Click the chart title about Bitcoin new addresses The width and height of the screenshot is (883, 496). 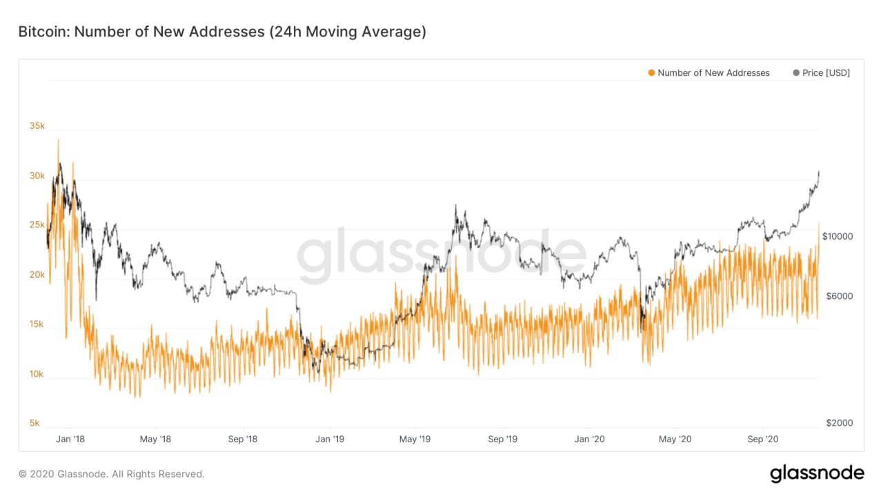tap(221, 32)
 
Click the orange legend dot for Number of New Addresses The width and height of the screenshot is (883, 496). tap(651, 73)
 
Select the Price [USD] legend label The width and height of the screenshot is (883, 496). tap(826, 73)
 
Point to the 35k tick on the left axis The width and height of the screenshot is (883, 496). tap(37, 126)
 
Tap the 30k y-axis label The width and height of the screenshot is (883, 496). tap(37, 176)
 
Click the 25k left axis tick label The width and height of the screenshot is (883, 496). tap(37, 225)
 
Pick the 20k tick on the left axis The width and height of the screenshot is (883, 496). tap(37, 275)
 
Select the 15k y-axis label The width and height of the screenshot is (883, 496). tap(37, 324)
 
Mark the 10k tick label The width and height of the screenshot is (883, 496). tap(37, 374)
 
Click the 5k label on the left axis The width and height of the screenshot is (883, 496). tap(34, 423)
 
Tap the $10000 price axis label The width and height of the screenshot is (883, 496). tap(837, 236)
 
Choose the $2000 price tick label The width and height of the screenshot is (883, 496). tap(839, 423)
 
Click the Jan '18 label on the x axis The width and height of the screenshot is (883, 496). tap(70, 439)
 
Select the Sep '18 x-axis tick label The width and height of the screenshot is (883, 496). tap(242, 439)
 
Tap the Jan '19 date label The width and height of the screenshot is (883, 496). tap(330, 439)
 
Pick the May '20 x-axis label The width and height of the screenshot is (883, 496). tap(676, 439)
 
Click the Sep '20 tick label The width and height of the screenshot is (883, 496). tap(763, 439)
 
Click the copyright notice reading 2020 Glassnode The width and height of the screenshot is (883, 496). tap(111, 474)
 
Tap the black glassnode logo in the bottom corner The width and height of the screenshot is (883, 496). tap(817, 473)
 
